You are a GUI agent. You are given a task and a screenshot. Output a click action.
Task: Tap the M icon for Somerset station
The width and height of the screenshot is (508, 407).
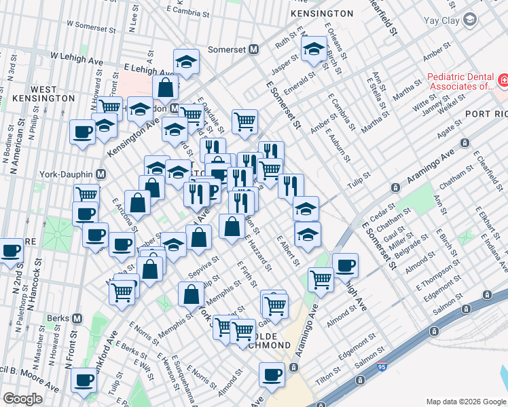tap(253, 50)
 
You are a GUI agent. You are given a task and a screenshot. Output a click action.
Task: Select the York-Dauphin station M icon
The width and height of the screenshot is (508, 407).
tap(101, 174)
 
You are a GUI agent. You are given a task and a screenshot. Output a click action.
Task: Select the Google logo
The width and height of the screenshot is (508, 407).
tap(22, 399)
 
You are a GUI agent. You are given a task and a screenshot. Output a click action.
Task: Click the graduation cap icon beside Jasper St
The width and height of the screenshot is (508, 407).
tap(313, 49)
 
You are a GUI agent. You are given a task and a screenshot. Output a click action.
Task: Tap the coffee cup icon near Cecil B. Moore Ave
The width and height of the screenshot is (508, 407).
tap(84, 380)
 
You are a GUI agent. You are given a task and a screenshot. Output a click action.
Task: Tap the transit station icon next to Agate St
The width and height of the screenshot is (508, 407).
tap(465, 143)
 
